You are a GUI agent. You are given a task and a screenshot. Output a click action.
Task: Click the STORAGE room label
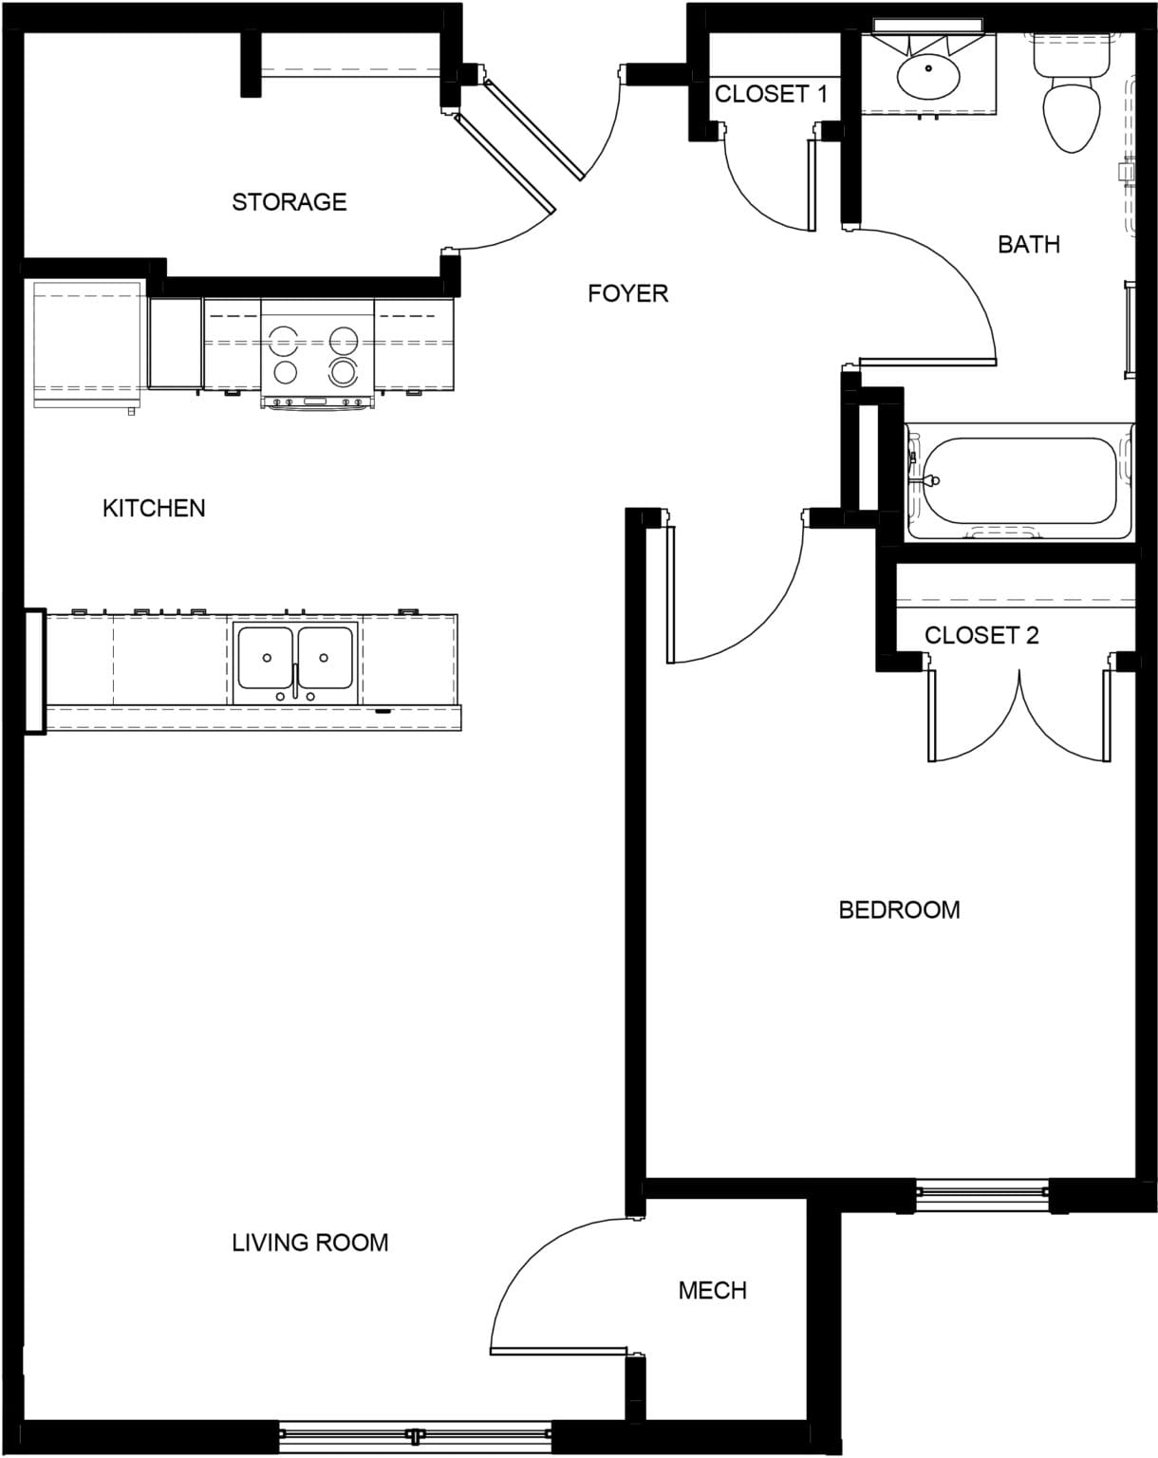pyautogui.click(x=289, y=201)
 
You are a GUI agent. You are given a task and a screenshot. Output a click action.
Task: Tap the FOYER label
pyautogui.click(x=627, y=293)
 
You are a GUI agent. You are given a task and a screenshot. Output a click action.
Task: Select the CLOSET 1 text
pyautogui.click(x=771, y=94)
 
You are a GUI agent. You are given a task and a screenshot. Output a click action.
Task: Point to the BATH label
pyautogui.click(x=1028, y=245)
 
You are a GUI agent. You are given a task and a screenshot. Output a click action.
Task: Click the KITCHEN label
pyautogui.click(x=154, y=509)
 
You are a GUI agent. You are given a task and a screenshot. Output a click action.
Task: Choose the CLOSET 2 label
pyautogui.click(x=981, y=635)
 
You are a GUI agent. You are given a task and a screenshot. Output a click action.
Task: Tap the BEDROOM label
pyautogui.click(x=899, y=910)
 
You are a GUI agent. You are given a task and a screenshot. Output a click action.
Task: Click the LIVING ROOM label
pyautogui.click(x=310, y=1243)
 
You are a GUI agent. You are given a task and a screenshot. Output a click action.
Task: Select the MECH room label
pyautogui.click(x=712, y=1291)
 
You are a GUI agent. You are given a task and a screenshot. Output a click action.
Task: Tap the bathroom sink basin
pyautogui.click(x=929, y=76)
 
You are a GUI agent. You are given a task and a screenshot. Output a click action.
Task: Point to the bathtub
pyautogui.click(x=1019, y=481)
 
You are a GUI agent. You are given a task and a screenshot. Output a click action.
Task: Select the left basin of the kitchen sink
pyautogui.click(x=266, y=657)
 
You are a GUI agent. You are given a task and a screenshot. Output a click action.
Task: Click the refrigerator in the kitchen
pyautogui.click(x=87, y=344)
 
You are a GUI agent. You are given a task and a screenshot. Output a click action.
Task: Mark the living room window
pyautogui.click(x=415, y=1435)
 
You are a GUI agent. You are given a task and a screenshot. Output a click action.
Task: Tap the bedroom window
pyautogui.click(x=981, y=1196)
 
